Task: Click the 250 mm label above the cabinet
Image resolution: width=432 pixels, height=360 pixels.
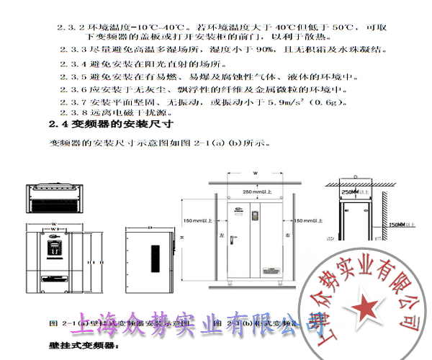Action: pyautogui.click(x=256, y=192)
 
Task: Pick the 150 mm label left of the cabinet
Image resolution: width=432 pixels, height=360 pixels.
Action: pyautogui.click(x=197, y=220)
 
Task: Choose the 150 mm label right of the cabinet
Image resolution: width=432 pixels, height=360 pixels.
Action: pyautogui.click(x=310, y=221)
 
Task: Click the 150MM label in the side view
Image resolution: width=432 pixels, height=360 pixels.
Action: pyautogui.click(x=397, y=225)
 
